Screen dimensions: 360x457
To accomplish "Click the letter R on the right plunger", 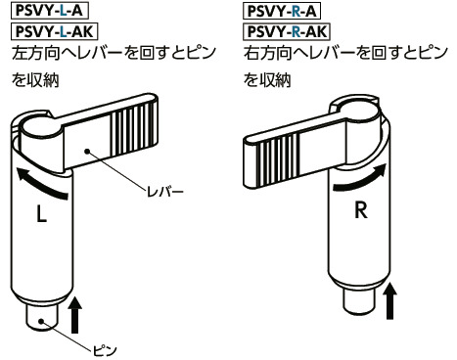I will [360, 210].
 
